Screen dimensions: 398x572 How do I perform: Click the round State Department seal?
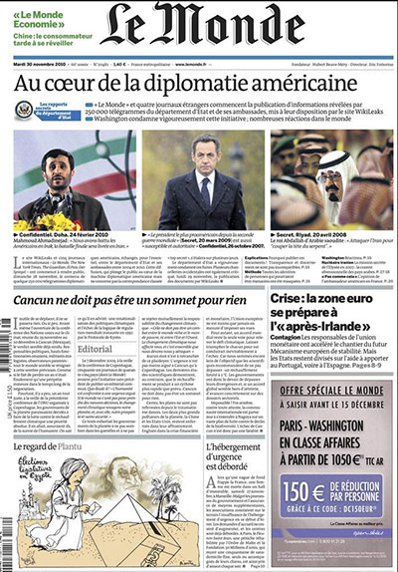coord(24,110)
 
